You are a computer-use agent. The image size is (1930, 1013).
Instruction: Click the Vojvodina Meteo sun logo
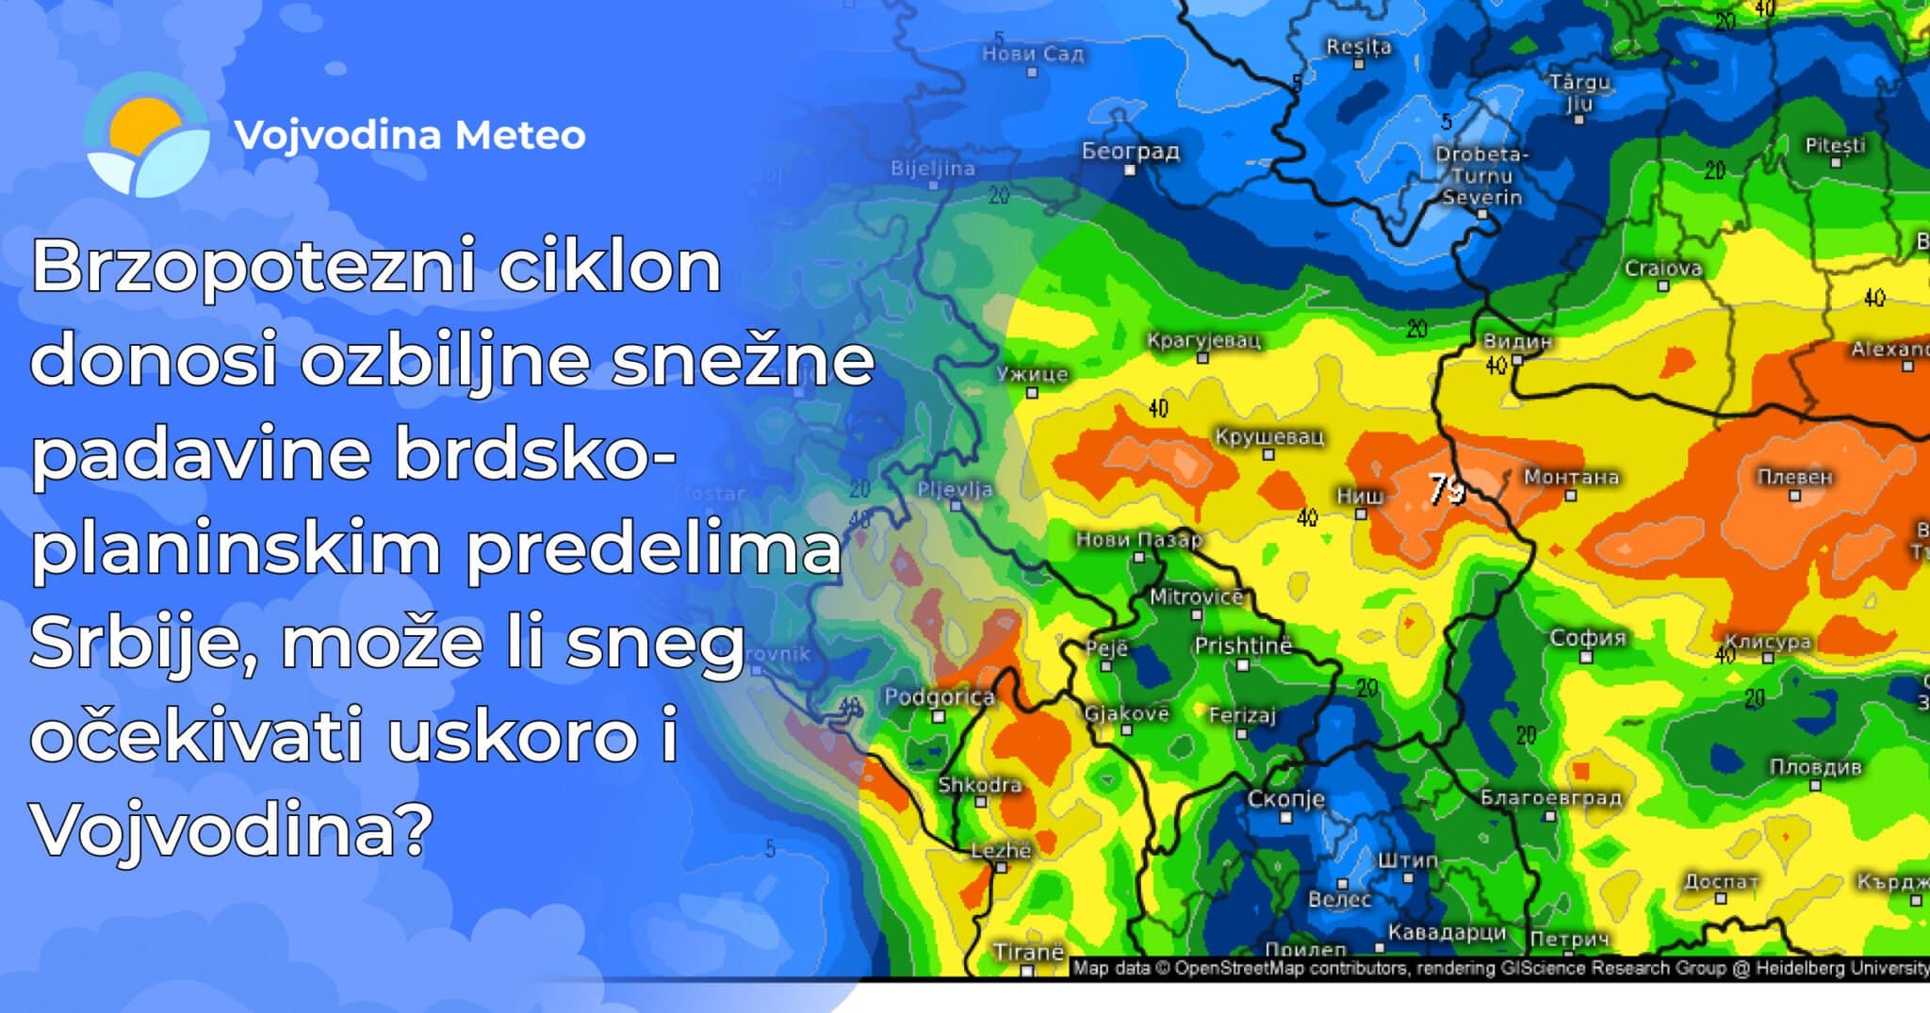tap(147, 136)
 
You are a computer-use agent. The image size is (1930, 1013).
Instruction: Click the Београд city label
tap(1130, 151)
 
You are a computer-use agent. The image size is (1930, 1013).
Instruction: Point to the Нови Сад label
tap(1033, 54)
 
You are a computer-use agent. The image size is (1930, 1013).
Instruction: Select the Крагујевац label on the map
tap(1203, 340)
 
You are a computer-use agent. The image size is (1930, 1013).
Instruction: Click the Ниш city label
tap(1360, 496)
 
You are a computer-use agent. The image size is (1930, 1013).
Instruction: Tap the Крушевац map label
tap(1268, 437)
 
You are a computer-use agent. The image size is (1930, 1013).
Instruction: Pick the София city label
tap(1588, 638)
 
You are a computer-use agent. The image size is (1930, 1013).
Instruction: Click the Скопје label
tap(1285, 799)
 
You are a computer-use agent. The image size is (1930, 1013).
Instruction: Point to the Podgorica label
tap(939, 697)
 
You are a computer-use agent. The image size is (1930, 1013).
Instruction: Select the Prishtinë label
tap(1243, 645)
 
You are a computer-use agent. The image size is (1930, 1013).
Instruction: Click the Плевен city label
tap(1794, 477)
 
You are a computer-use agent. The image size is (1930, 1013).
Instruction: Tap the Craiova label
tap(1663, 269)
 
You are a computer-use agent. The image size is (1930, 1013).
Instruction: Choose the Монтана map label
tap(1571, 477)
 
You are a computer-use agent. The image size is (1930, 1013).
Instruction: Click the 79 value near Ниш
tap(1446, 489)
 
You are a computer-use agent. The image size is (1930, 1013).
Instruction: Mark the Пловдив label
tap(1815, 767)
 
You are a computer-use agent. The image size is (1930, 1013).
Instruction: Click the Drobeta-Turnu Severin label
tap(1481, 175)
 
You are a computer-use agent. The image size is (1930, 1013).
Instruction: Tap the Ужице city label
tap(1033, 374)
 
